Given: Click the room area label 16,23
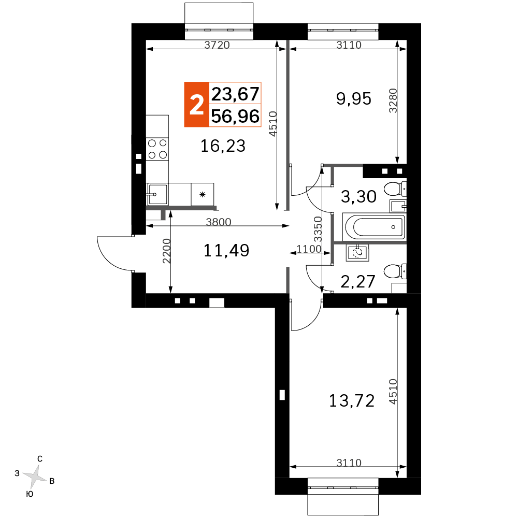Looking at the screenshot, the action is click(x=223, y=146).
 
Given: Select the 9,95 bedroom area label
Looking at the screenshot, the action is click(x=354, y=98).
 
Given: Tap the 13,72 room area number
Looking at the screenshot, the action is click(x=352, y=401).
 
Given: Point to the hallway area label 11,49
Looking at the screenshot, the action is click(x=226, y=250).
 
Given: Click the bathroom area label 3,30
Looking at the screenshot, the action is click(x=358, y=196).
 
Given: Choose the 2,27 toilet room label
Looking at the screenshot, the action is click(x=358, y=281).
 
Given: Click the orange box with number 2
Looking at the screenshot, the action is click(x=196, y=105).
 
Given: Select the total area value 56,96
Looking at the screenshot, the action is click(x=235, y=116).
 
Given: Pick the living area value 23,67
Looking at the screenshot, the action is click(x=235, y=94).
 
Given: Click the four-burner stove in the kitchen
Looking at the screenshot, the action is click(x=157, y=149).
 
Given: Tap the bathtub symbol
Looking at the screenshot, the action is click(x=375, y=227).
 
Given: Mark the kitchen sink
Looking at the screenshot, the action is click(x=157, y=194).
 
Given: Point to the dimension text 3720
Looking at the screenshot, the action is click(x=217, y=45).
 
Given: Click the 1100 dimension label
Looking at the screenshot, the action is click(x=309, y=249).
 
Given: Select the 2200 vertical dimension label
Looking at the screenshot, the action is click(x=166, y=251).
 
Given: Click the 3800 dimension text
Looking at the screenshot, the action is click(x=219, y=222).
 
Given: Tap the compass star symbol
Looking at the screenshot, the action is click(x=35, y=477).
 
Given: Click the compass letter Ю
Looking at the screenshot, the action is click(x=30, y=494).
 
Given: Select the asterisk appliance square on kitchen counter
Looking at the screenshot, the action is click(x=203, y=194).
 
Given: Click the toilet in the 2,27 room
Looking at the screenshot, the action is click(x=395, y=271).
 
